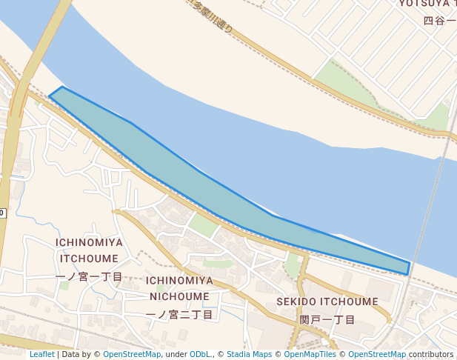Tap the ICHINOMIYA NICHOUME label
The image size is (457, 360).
tap(179, 288)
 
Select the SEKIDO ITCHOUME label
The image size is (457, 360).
tap(327, 302)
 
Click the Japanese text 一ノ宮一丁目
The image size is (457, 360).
tap(89, 276)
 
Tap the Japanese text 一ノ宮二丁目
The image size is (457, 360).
tap(179, 314)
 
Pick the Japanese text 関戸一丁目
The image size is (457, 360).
tap(327, 320)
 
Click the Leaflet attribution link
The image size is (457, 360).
tap(42, 355)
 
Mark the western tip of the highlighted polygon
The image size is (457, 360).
tap(51, 95)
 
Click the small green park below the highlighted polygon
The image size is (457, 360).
tap(203, 224)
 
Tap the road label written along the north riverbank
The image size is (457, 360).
tap(212, 16)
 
